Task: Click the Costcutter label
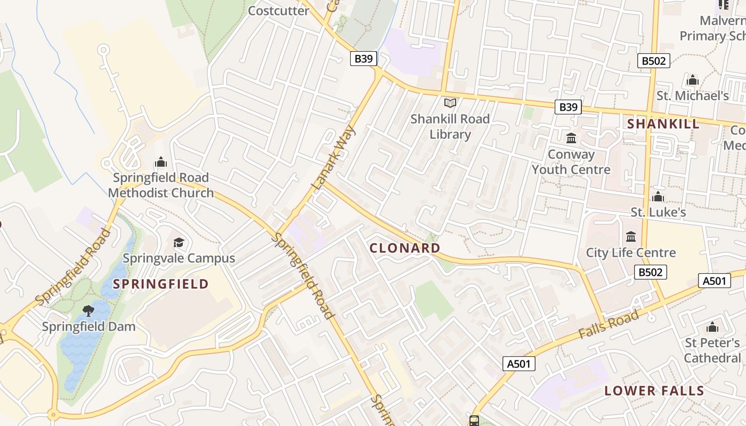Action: pos(279,11)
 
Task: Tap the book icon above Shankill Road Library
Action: pos(450,103)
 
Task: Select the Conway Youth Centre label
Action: pos(571,162)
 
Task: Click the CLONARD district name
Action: pos(405,248)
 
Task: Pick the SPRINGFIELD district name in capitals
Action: pos(161,284)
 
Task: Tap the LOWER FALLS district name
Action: pos(654,391)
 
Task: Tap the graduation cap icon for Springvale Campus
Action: pos(179,243)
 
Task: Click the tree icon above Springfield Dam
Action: pos(88,310)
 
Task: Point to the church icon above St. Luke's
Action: pos(658,197)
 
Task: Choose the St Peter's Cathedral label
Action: pos(712,350)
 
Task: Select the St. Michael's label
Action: pos(692,96)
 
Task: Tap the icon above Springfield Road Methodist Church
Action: pos(160,162)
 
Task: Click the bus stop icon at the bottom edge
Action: pos(474,421)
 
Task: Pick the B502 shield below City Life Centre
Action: pos(651,273)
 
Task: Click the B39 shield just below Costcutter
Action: pos(363,59)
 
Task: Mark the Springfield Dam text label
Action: pos(88,326)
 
